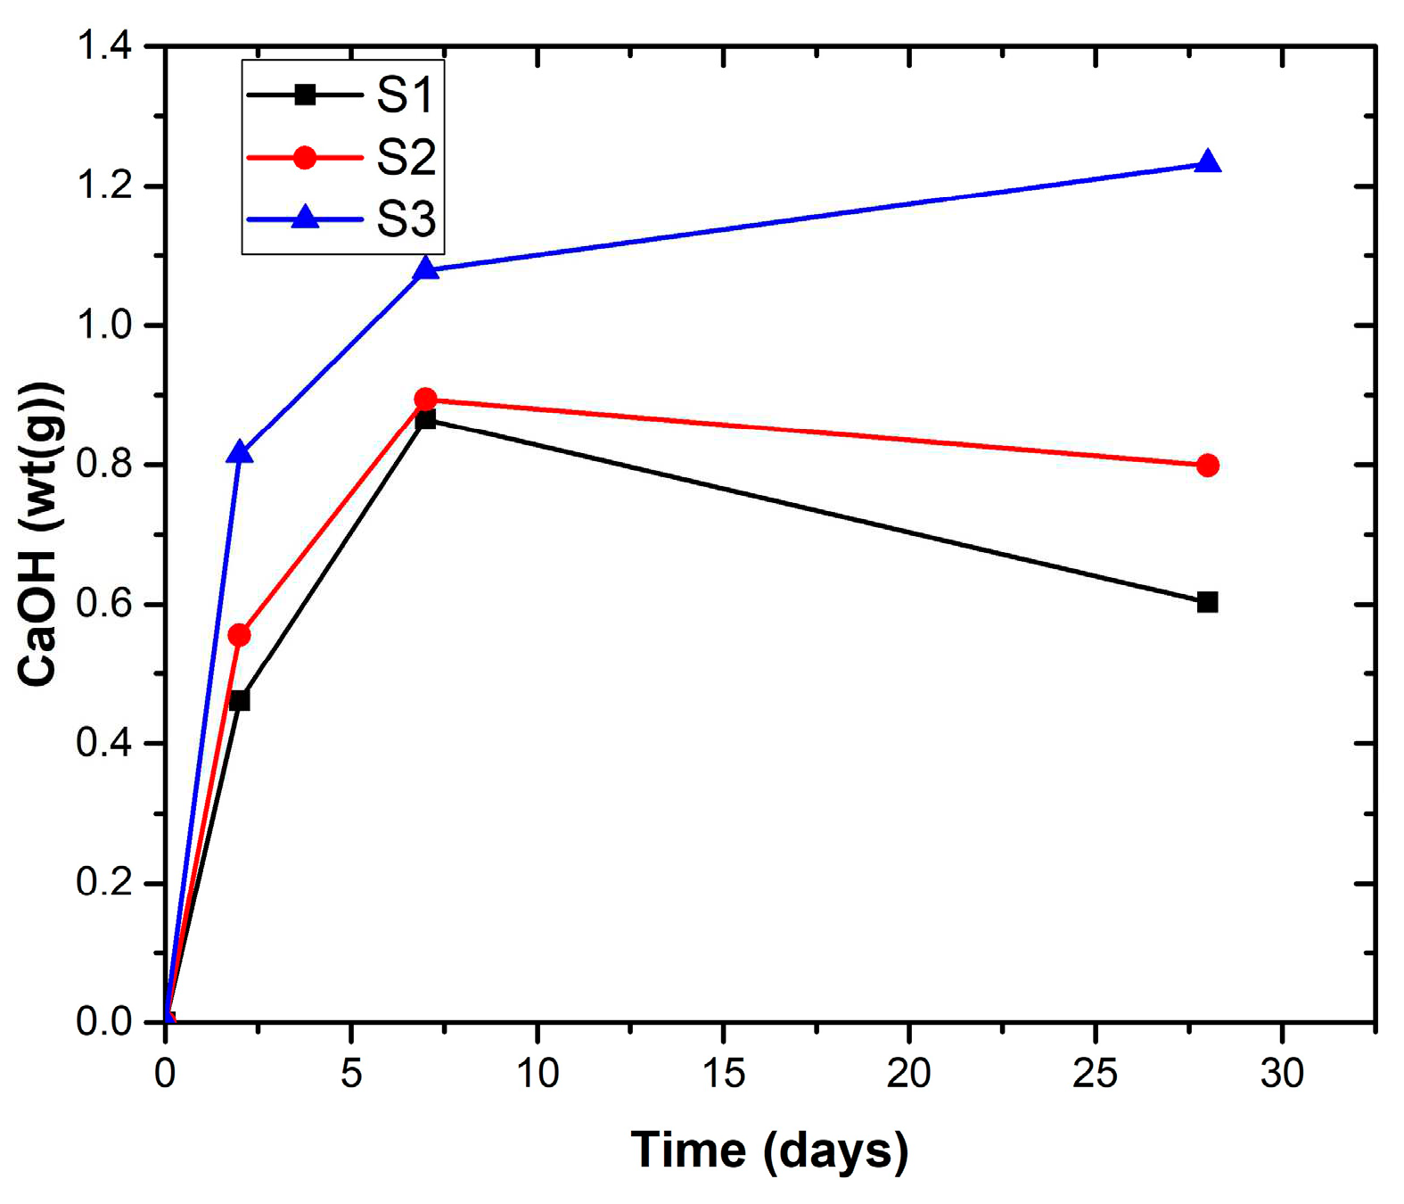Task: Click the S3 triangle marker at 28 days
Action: pos(1207,163)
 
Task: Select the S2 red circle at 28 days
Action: pos(1207,465)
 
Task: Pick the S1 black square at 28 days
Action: pos(1207,602)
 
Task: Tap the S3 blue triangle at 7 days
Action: pos(426,268)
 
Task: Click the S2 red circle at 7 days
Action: pos(426,399)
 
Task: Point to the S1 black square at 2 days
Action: pos(239,700)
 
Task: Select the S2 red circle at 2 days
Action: pos(239,635)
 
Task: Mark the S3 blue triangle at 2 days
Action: pos(239,453)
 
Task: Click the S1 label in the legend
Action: pos(405,95)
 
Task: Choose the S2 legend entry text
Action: pos(406,158)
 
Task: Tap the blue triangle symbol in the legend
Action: pos(305,218)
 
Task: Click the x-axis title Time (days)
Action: pos(769,1150)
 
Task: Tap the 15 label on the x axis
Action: pos(723,1073)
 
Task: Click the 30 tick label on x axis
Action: pos(1282,1073)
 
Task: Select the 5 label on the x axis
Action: pos(351,1073)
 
